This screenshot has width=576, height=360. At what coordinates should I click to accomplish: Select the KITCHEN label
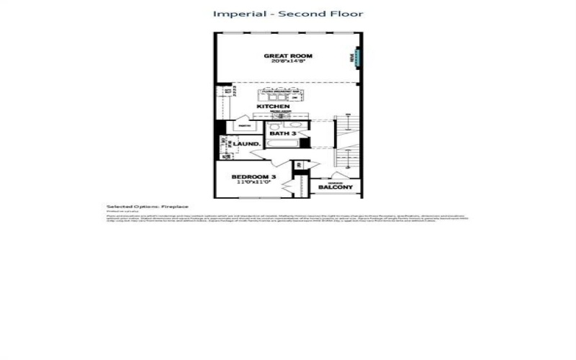274,107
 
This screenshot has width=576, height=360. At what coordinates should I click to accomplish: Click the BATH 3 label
283,134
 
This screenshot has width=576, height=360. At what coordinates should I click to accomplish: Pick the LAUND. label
246,144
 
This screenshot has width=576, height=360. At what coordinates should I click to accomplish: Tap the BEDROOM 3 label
253,177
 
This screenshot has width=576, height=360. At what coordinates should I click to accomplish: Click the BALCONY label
336,188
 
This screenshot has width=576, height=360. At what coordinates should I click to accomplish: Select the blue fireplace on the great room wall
354,57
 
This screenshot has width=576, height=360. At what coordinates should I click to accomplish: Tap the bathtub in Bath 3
282,144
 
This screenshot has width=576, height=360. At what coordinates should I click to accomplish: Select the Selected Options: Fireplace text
137,207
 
